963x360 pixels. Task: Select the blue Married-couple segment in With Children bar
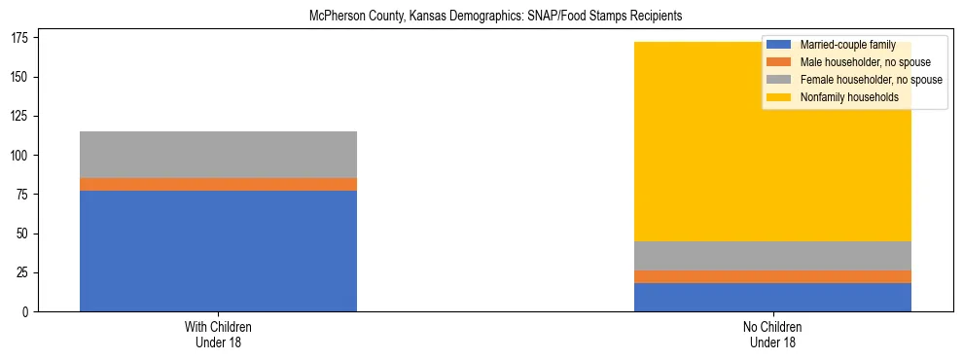pyautogui.click(x=218, y=251)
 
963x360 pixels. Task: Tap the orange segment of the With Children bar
pyautogui.click(x=218, y=184)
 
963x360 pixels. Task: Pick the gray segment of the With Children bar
pyautogui.click(x=218, y=155)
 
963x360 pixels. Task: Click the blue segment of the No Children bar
pyautogui.click(x=772, y=297)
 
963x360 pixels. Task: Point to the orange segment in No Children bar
pyautogui.click(x=772, y=276)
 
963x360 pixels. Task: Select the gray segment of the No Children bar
pyautogui.click(x=772, y=256)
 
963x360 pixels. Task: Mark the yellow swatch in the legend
pyautogui.click(x=778, y=97)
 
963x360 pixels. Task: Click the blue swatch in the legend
pyautogui.click(x=778, y=45)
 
